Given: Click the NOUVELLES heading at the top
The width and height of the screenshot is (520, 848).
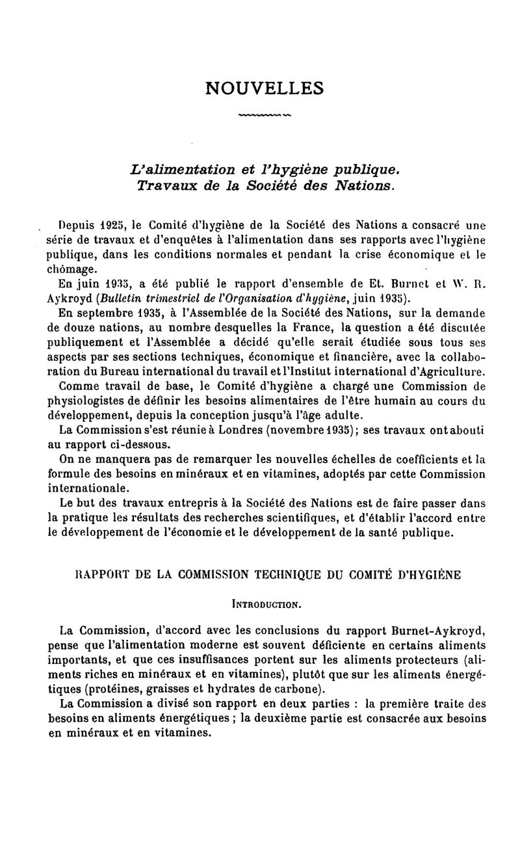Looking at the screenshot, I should [x=265, y=88].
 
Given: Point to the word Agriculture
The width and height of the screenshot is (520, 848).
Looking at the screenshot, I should [x=450, y=371].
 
